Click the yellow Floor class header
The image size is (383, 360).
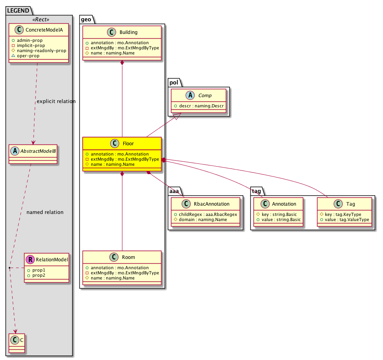click(x=122, y=144)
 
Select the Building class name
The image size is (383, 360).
click(x=128, y=32)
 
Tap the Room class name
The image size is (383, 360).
click(x=128, y=257)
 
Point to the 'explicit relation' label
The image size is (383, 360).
click(x=56, y=101)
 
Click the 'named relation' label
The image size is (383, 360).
click(x=45, y=212)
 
